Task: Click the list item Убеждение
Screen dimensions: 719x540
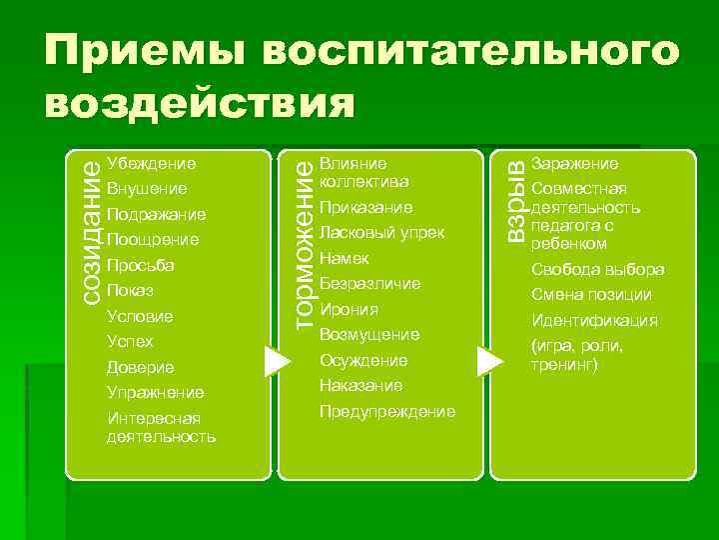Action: click(151, 163)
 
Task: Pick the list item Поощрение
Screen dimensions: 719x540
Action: click(152, 240)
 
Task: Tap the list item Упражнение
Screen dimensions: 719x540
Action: click(155, 393)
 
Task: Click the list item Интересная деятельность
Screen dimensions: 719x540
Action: click(160, 427)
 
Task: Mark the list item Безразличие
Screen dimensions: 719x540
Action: click(370, 283)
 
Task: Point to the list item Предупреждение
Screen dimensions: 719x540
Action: click(387, 411)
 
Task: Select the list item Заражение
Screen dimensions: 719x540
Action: click(574, 163)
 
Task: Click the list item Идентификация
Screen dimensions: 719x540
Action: click(594, 321)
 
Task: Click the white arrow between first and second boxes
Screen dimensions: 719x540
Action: click(276, 361)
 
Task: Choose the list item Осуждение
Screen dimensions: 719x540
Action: click(363, 360)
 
